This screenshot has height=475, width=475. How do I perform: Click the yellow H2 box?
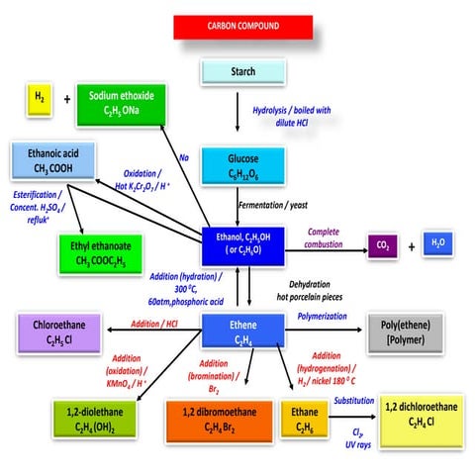[37, 99]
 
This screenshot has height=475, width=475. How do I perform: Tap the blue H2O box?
[437, 241]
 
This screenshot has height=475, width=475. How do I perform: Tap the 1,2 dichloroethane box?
[416, 415]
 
